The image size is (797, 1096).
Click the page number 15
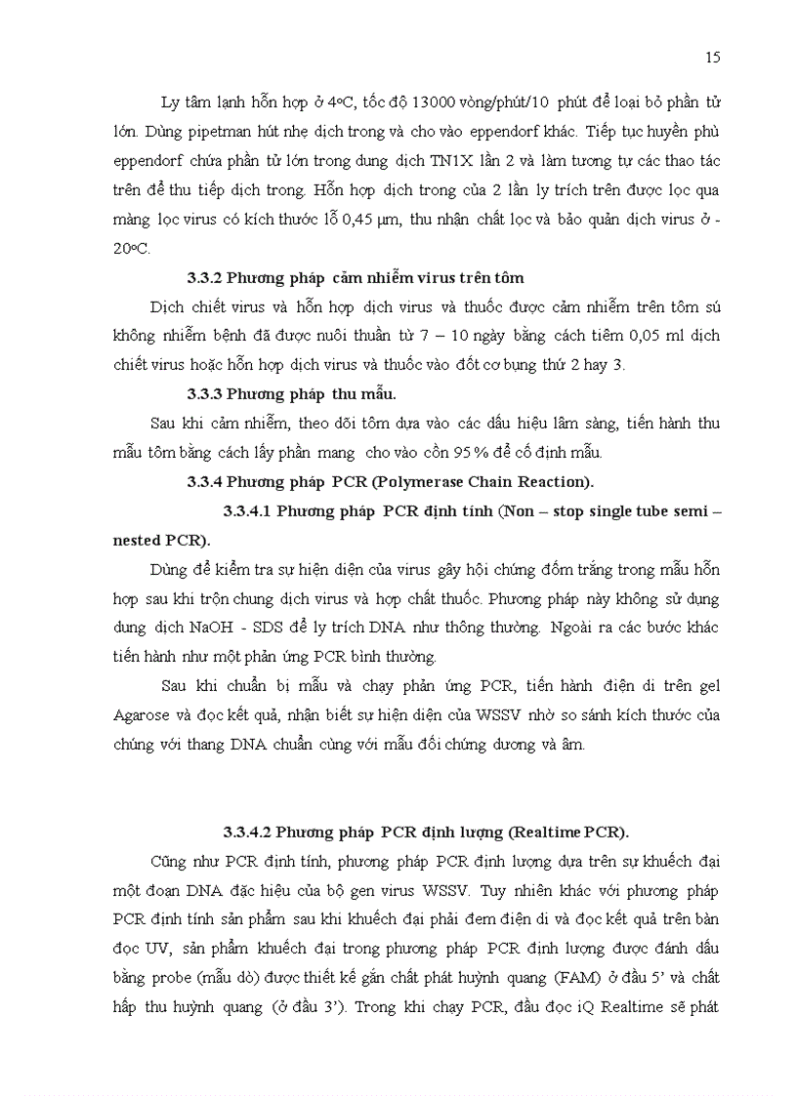[x=713, y=58]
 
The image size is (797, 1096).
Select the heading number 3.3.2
[x=205, y=279]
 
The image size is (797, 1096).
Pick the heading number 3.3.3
[x=205, y=394]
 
